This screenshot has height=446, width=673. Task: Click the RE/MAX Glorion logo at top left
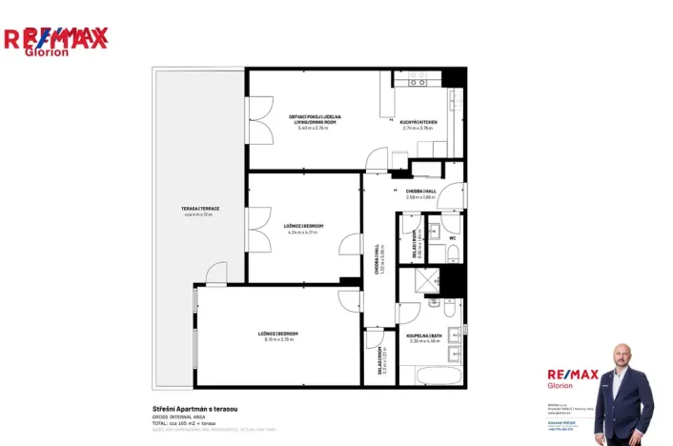pyautogui.click(x=55, y=41)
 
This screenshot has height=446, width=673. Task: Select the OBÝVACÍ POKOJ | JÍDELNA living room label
pyautogui.click(x=315, y=120)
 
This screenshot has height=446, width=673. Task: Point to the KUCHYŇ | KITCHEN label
pyautogui.click(x=418, y=121)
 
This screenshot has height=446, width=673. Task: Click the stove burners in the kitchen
pyautogui.click(x=418, y=82)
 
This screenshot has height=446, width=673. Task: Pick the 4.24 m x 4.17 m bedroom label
pyautogui.click(x=303, y=228)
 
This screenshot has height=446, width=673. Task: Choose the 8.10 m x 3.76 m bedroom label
pyautogui.click(x=278, y=335)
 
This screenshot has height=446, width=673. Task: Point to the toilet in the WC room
pyautogui.click(x=454, y=252)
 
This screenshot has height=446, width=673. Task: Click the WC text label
pyautogui.click(x=452, y=237)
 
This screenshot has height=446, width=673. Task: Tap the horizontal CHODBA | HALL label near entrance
pyautogui.click(x=420, y=192)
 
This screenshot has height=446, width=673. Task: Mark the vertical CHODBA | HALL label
pyautogui.click(x=377, y=257)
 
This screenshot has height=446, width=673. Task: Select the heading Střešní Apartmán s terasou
pyautogui.click(x=194, y=409)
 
